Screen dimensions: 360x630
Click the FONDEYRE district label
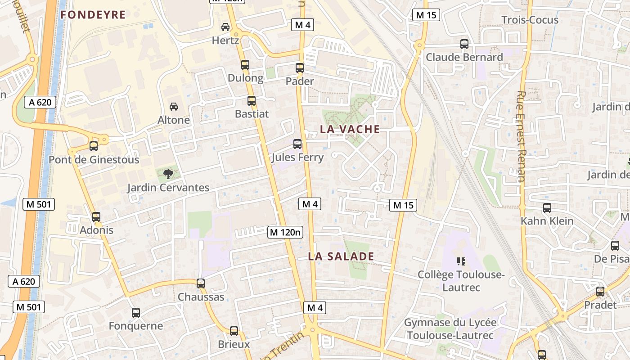point(93,15)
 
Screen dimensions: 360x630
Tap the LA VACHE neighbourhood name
point(350,129)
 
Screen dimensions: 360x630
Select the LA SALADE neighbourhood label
point(341,256)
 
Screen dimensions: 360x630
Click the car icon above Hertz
point(225,27)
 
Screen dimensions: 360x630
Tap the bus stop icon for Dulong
point(245,65)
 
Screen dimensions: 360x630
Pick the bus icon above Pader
point(300,68)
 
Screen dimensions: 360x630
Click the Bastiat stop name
point(252,114)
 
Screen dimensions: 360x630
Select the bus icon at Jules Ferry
point(297,144)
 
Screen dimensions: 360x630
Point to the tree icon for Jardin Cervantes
point(168,174)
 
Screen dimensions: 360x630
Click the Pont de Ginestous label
point(94,160)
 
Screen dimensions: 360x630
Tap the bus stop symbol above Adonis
point(96,217)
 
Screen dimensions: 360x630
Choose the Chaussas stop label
point(201,297)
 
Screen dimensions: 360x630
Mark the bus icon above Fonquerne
point(136,312)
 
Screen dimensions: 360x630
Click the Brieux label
point(234,344)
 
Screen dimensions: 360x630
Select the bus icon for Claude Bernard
point(464,44)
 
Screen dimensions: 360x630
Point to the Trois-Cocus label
point(530,20)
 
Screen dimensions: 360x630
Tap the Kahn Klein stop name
point(547,221)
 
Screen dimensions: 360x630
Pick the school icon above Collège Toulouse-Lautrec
point(461,261)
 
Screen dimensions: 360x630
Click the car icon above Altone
point(173,107)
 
